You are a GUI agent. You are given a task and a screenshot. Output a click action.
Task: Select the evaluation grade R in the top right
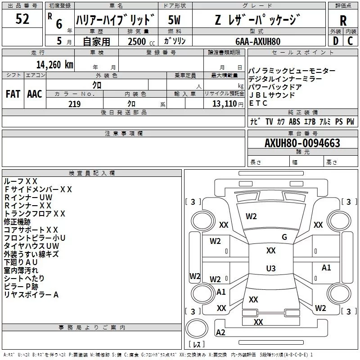pyautogui.click(x=343, y=20)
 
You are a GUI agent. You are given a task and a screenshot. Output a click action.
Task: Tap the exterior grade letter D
pyautogui.click(x=335, y=40)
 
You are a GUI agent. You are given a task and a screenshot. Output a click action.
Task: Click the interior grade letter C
pyautogui.click(x=351, y=40)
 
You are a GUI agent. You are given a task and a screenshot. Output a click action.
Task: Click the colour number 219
pyautogui.click(x=74, y=104)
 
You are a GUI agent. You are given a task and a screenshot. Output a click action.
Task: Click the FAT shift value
pyautogui.click(x=13, y=94)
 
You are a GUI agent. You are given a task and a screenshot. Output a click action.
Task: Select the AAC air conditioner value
pyautogui.click(x=35, y=94)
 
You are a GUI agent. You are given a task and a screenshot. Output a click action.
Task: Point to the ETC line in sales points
pyautogui.click(x=258, y=103)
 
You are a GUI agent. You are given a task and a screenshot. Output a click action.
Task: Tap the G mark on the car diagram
pyautogui.click(x=284, y=237)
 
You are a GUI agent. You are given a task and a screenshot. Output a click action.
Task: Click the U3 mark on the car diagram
pyautogui.click(x=270, y=269)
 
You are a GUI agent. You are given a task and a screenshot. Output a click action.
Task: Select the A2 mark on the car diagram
pyautogui.click(x=220, y=333)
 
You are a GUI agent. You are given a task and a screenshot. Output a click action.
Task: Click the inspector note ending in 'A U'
pyautogui.click(x=21, y=262)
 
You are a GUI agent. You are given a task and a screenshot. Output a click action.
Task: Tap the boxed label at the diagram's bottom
pyautogui.click(x=197, y=345)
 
